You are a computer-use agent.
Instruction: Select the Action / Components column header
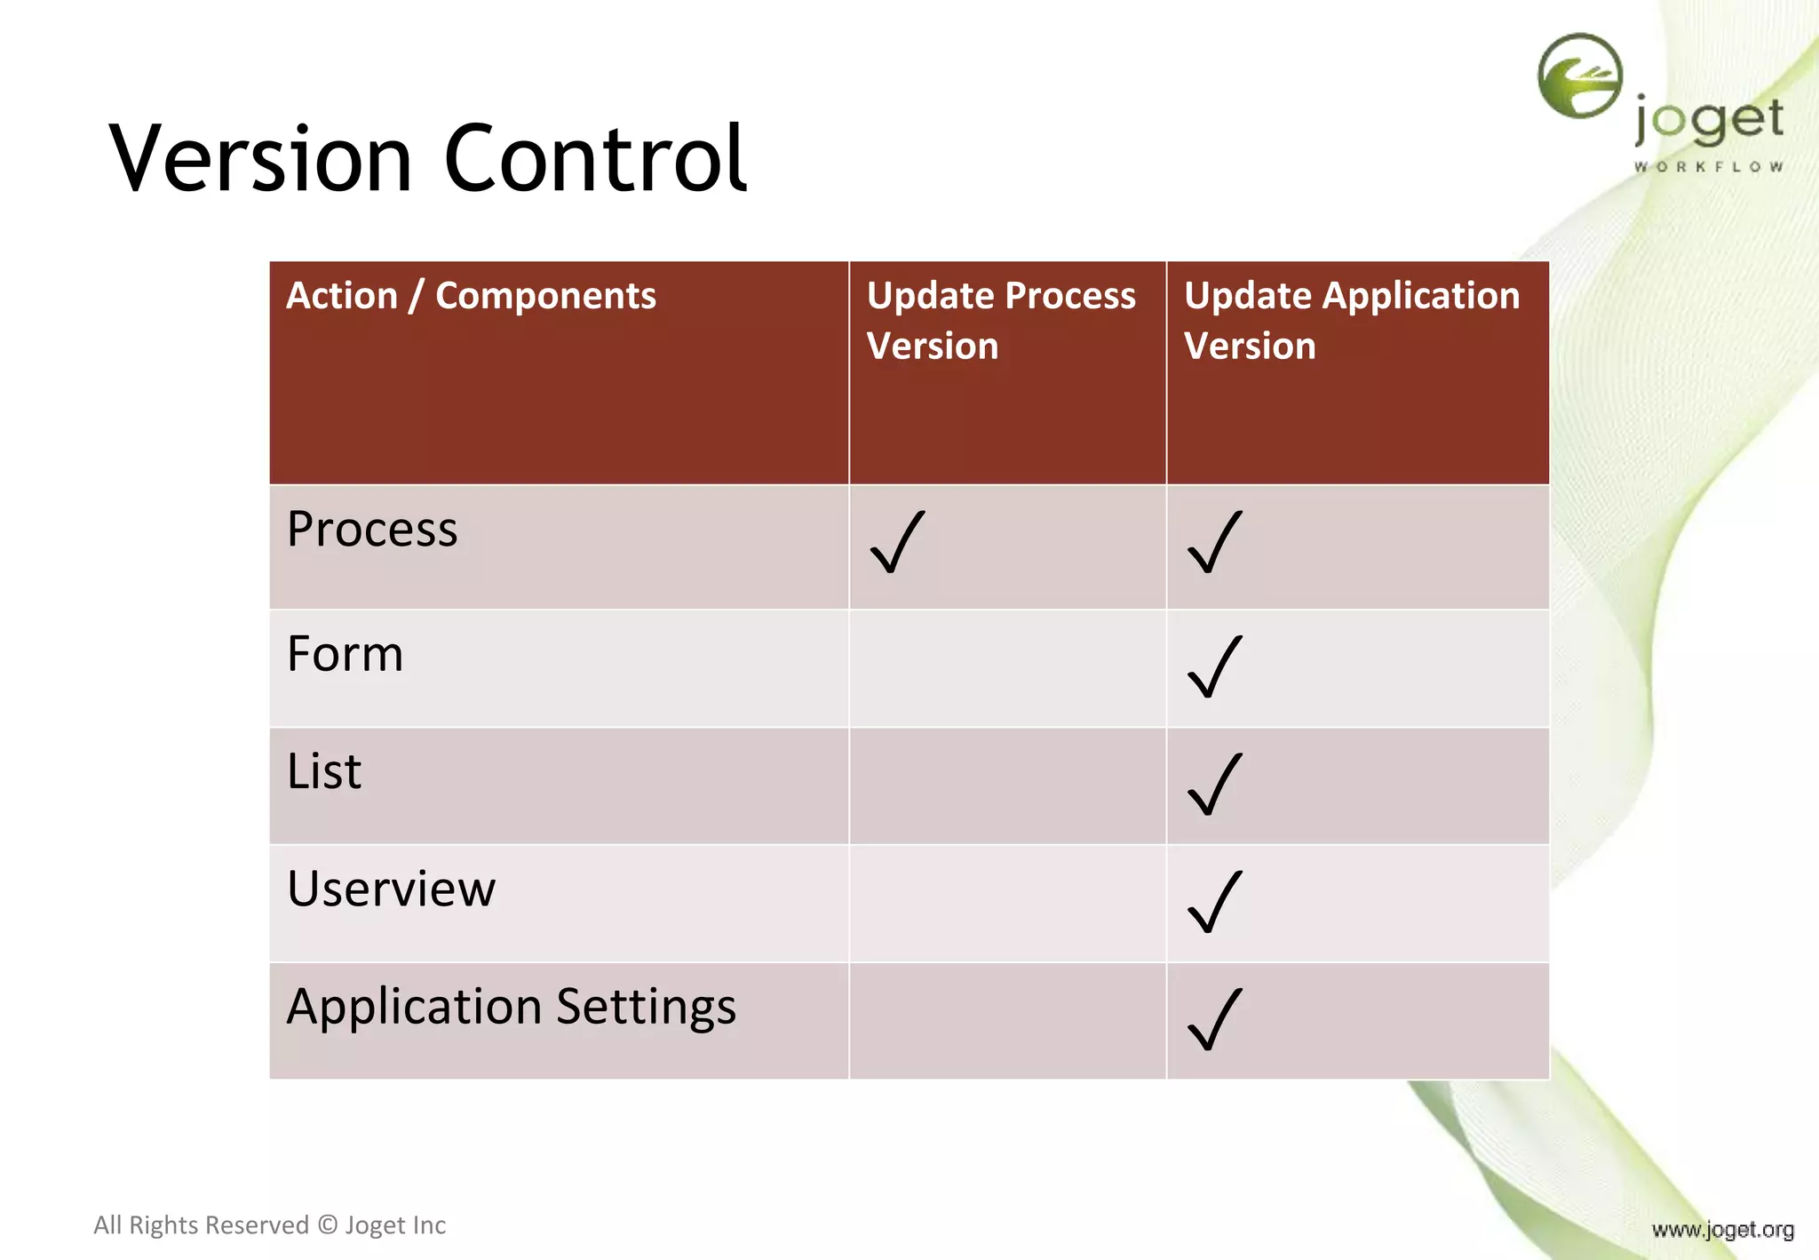[471, 296]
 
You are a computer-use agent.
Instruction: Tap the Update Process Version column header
[1000, 320]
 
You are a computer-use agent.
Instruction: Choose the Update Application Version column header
[1351, 320]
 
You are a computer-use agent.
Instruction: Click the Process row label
[372, 530]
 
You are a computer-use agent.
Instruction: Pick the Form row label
[345, 655]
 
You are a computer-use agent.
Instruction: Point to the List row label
[323, 771]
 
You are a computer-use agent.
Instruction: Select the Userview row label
[391, 889]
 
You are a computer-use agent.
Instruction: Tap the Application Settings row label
[511, 1008]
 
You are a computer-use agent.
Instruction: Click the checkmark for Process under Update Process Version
[898, 542]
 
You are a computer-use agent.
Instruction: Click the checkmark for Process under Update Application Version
[1215, 542]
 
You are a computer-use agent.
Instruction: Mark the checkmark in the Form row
[1215, 666]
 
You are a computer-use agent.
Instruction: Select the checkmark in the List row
[1215, 785]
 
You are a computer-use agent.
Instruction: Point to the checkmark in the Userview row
[1215, 902]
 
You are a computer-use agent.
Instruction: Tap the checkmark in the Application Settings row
[1215, 1019]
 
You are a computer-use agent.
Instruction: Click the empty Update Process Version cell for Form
[1007, 668]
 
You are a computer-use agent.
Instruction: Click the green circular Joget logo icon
[1579, 76]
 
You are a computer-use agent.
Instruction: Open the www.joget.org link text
[1722, 1230]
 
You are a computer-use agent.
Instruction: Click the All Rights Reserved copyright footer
[269, 1225]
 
